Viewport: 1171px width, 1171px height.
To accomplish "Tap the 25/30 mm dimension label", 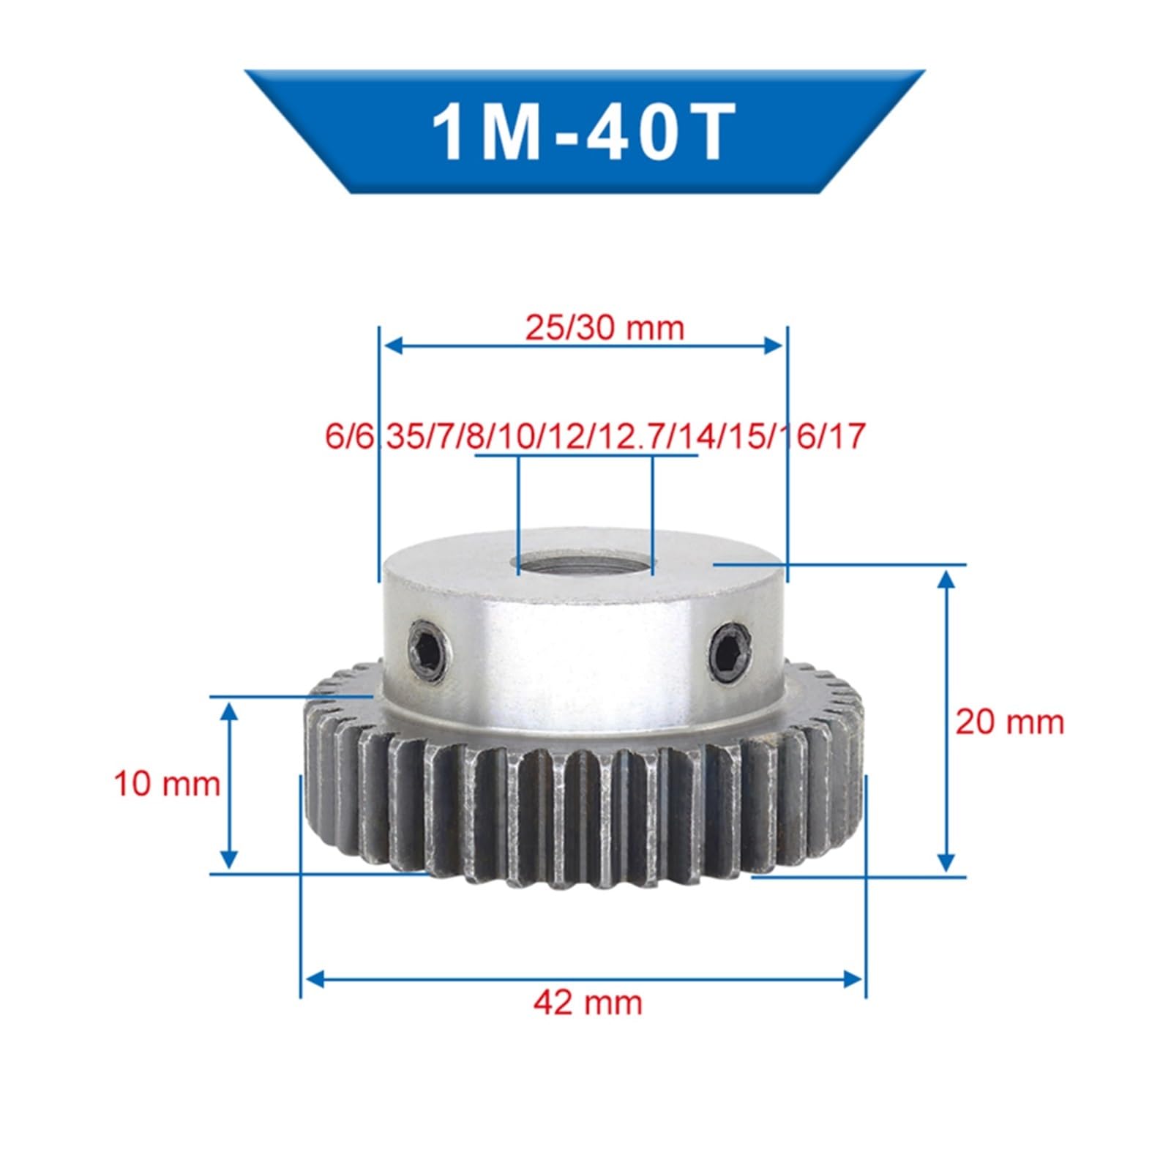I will [x=605, y=327].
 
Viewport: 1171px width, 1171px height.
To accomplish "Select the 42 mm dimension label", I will [x=588, y=1001].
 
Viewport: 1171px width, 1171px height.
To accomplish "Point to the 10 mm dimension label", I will [x=167, y=784].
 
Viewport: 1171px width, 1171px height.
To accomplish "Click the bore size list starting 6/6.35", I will [x=593, y=437].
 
